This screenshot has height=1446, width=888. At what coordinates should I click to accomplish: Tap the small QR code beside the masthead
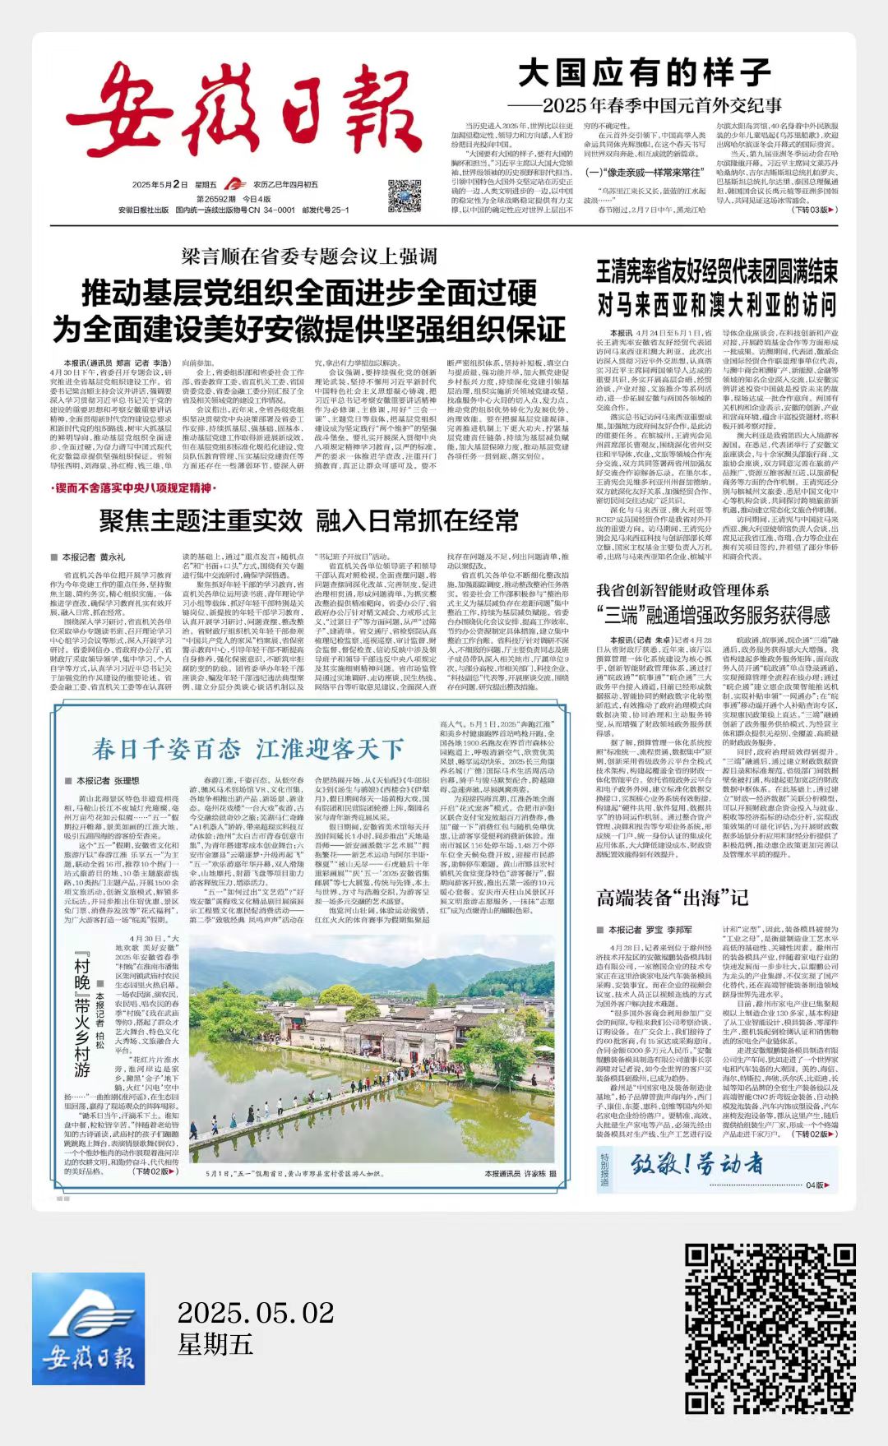pos(404,196)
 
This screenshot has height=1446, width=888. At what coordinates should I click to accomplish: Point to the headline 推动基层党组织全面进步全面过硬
pos(309,293)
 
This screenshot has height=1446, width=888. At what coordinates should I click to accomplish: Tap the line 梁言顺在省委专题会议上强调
pos(309,256)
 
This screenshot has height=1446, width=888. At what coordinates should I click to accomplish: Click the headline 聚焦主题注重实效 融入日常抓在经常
pos(309,520)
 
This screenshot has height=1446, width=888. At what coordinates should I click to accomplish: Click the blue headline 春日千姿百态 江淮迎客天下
pos(247,750)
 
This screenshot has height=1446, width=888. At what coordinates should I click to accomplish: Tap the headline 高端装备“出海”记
pos(672,898)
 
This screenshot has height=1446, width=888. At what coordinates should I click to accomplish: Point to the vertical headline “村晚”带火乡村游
pos(81,1015)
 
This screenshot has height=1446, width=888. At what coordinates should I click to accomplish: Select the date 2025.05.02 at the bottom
pos(256,1312)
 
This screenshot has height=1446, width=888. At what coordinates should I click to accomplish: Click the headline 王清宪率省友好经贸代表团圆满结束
pos(717,272)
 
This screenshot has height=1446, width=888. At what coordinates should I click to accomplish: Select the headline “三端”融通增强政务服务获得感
pos(713,615)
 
